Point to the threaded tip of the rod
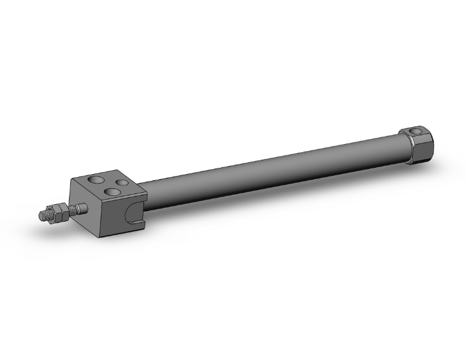tap(44, 215)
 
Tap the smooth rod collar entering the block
tap(78, 208)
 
